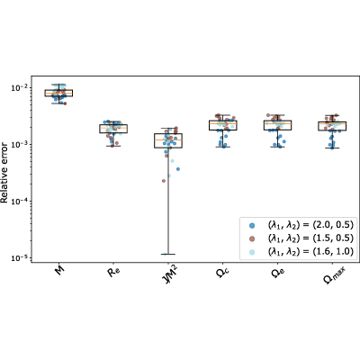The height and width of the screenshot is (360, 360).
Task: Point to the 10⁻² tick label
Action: pyautogui.click(x=20, y=87)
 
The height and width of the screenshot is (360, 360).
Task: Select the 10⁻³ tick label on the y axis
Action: pyautogui.click(x=20, y=144)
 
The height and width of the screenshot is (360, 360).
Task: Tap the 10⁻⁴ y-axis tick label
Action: pyautogui.click(x=20, y=201)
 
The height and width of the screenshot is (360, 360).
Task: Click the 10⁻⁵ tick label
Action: pyautogui.click(x=20, y=257)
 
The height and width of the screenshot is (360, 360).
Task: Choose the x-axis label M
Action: pyautogui.click(x=60, y=272)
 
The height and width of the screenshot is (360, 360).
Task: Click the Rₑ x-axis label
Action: pyautogui.click(x=112, y=273)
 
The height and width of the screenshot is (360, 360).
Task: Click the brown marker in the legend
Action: pyautogui.click(x=252, y=238)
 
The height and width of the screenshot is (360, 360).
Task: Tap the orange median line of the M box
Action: pyautogui.click(x=58, y=93)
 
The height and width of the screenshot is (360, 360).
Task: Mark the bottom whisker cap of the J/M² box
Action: pyautogui.click(x=168, y=254)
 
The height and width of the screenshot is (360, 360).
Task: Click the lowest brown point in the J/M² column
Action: pyautogui.click(x=164, y=181)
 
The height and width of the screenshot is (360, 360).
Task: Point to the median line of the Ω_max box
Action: pyautogui.click(x=332, y=123)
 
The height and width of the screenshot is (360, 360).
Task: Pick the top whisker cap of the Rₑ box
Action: pyautogui.click(x=113, y=121)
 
